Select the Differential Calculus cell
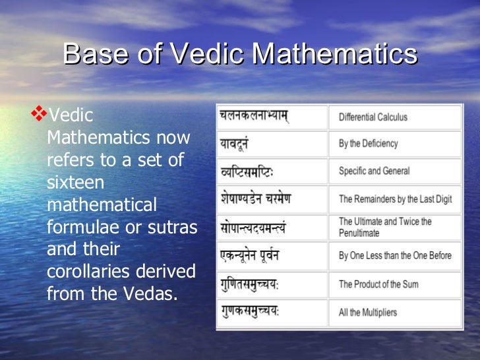point(394,117)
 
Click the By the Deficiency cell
point(394,144)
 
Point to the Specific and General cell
point(394,171)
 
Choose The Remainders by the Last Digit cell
point(394,198)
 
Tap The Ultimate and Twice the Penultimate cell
point(394,227)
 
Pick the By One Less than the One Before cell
point(394,256)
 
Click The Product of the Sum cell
point(394,284)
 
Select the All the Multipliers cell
point(394,313)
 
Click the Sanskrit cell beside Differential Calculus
point(272,117)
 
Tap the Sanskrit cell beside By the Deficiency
point(272,144)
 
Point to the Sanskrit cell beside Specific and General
point(272,171)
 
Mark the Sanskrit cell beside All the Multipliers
point(272,313)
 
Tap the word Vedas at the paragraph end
point(152,294)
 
